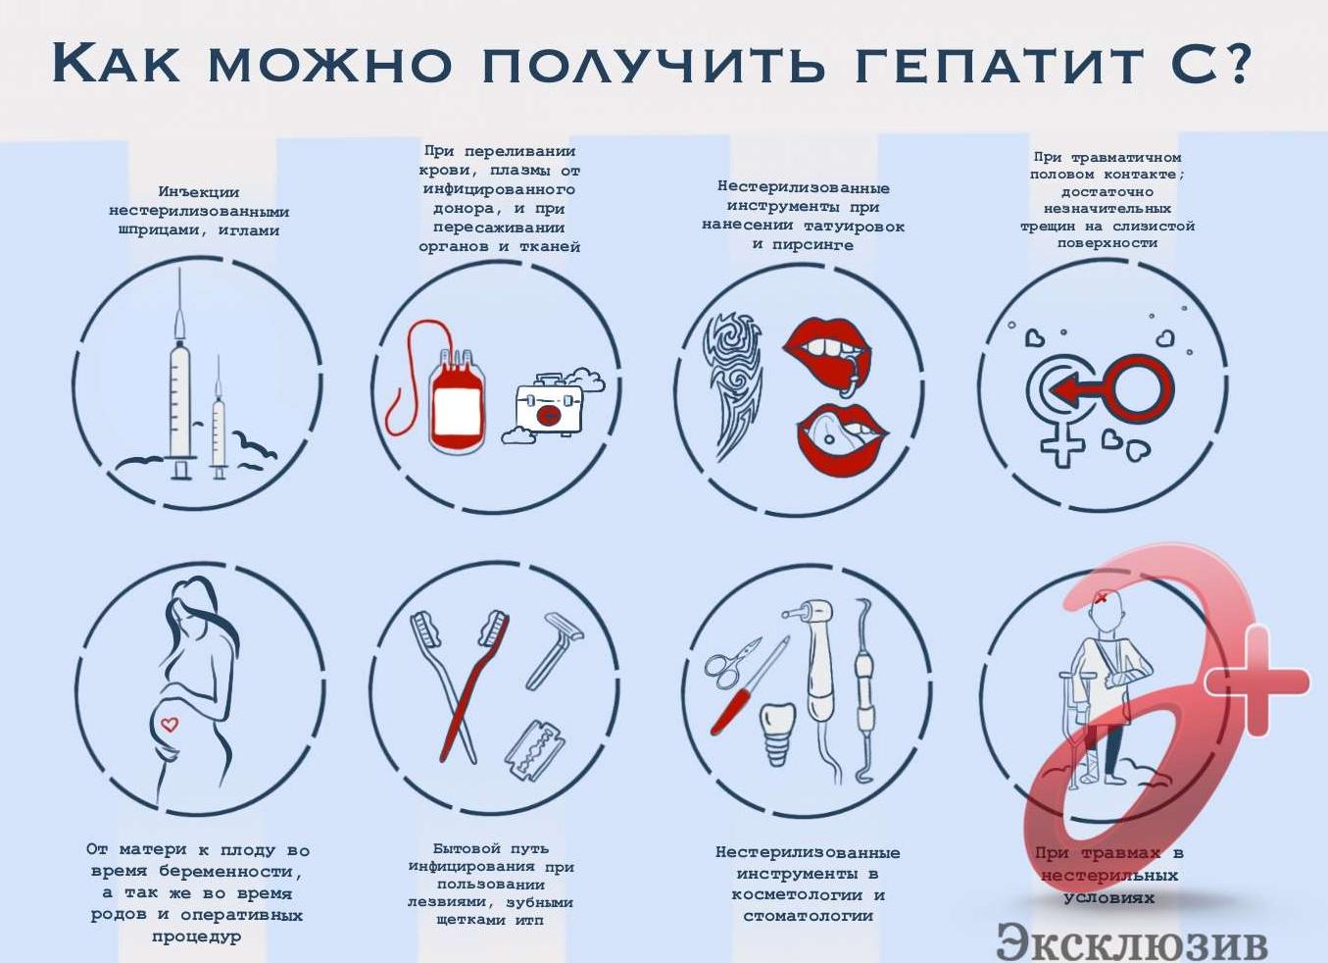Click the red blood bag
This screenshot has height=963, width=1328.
tap(456, 402)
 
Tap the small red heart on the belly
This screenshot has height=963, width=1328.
tap(170, 725)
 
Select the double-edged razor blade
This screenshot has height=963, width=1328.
tap(535, 749)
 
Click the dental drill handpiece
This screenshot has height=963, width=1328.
tap(817, 657)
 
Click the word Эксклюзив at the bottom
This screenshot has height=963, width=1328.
tap(1131, 942)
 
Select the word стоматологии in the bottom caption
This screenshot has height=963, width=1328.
tap(808, 916)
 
